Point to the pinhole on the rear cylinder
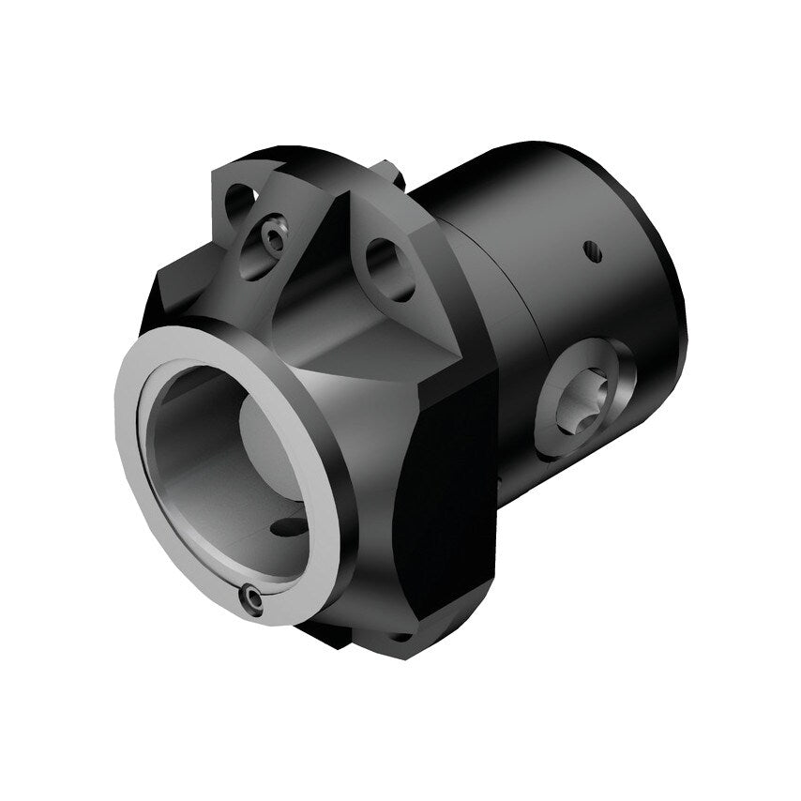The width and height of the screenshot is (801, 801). (x=590, y=249)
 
